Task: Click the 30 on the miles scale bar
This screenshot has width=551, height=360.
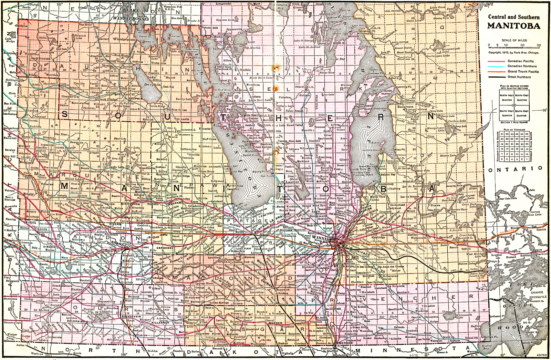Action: click(538, 45)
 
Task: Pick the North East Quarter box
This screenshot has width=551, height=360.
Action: click(522, 97)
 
